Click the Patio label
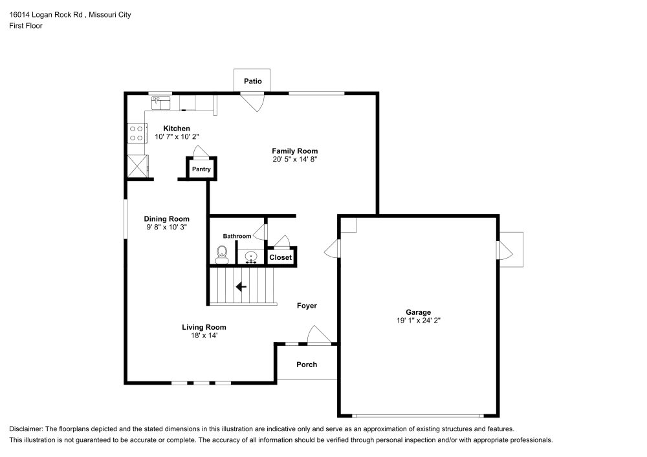(252, 81)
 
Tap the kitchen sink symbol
(160, 101)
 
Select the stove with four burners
(137, 133)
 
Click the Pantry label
(201, 169)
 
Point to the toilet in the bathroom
(221, 256)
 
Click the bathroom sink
(250, 258)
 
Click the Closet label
(281, 257)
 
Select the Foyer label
(307, 306)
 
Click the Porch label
(307, 365)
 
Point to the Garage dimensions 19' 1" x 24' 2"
(419, 321)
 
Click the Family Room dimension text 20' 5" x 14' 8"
(294, 159)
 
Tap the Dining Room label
(166, 219)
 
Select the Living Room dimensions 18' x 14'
(204, 335)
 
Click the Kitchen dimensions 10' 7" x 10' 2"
(176, 137)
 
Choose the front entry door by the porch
(318, 335)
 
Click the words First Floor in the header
(26, 26)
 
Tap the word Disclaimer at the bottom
(25, 429)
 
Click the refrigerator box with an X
(137, 165)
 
